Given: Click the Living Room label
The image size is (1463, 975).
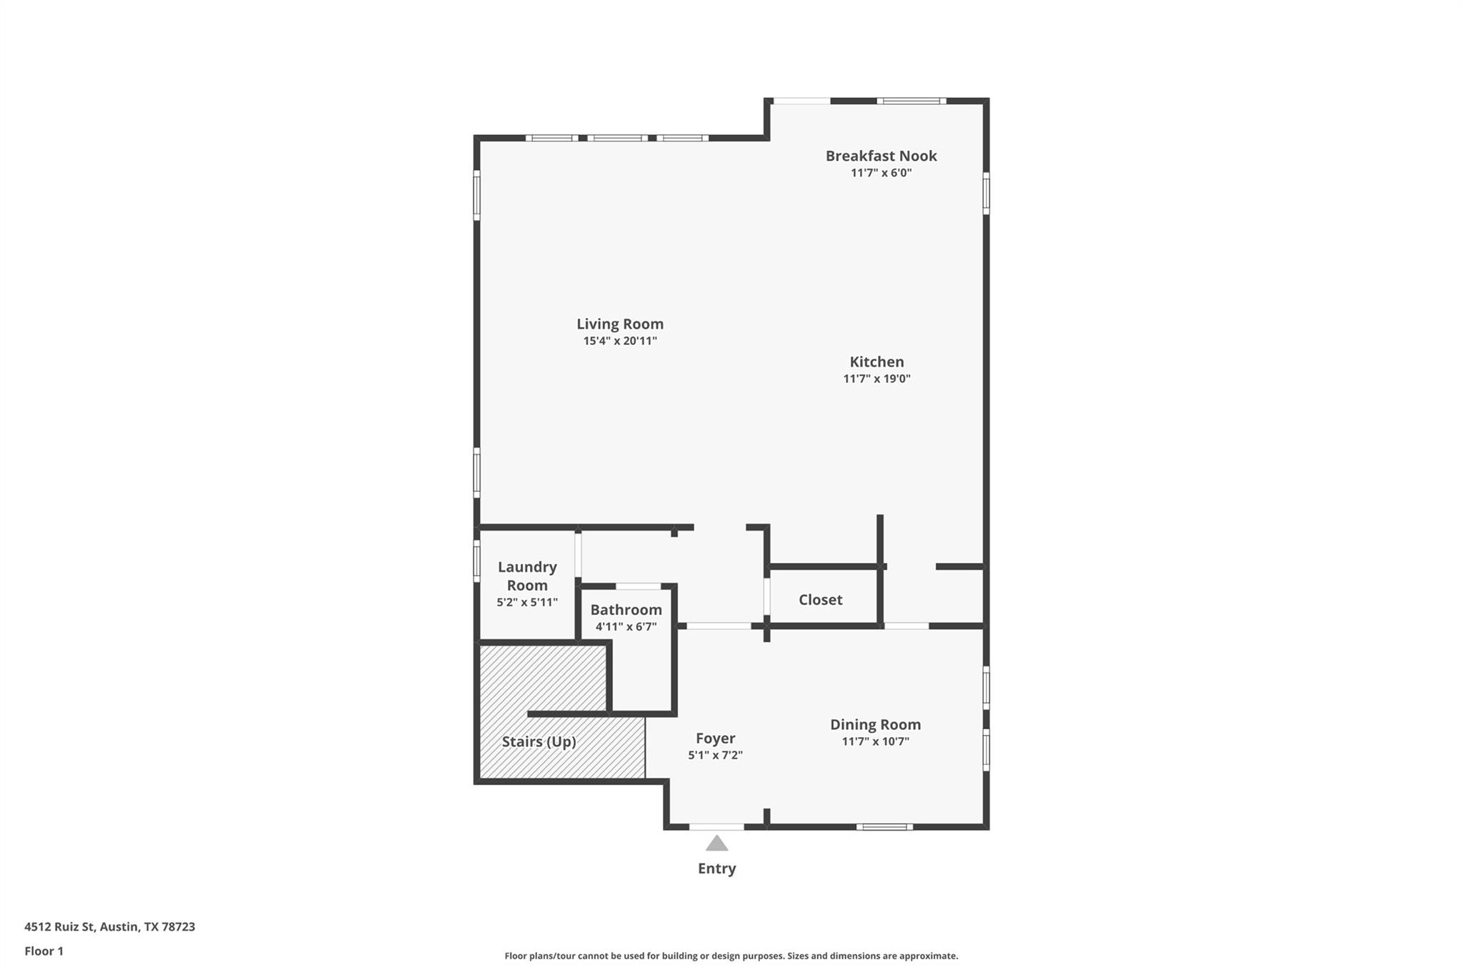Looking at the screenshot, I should tap(620, 324).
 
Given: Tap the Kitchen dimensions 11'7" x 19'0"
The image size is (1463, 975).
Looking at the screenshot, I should tap(877, 379).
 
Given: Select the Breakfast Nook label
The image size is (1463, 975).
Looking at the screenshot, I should tap(881, 156).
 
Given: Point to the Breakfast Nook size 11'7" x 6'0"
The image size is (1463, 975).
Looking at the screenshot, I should tap(881, 173).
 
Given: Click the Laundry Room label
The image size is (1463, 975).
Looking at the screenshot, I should tap(527, 576).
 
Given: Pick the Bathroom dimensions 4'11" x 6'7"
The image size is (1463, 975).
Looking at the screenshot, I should tap(626, 627).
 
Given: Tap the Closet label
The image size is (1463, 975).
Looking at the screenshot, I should tap(820, 600).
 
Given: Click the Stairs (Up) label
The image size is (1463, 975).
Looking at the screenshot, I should tap(539, 741).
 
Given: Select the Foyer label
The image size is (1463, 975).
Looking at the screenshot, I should tap(715, 739).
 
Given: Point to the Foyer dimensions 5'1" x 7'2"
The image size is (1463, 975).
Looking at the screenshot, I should tap(715, 756).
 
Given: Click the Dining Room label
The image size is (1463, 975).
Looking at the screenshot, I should tap(875, 724).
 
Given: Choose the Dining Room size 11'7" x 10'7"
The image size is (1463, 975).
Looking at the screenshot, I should tap(875, 741).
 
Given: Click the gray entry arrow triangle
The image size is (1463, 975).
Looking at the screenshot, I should tap(716, 844).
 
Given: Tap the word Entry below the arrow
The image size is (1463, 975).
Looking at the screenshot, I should tap(716, 869).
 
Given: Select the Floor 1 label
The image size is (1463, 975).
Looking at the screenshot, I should tap(44, 951).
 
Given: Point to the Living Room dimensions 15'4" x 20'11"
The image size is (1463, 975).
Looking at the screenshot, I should tap(620, 341).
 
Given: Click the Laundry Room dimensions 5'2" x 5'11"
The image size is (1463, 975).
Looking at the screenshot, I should tap(527, 602).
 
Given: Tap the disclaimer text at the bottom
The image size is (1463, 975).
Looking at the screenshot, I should tap(731, 956).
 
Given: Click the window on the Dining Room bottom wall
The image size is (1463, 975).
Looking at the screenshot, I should tap(884, 827).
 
